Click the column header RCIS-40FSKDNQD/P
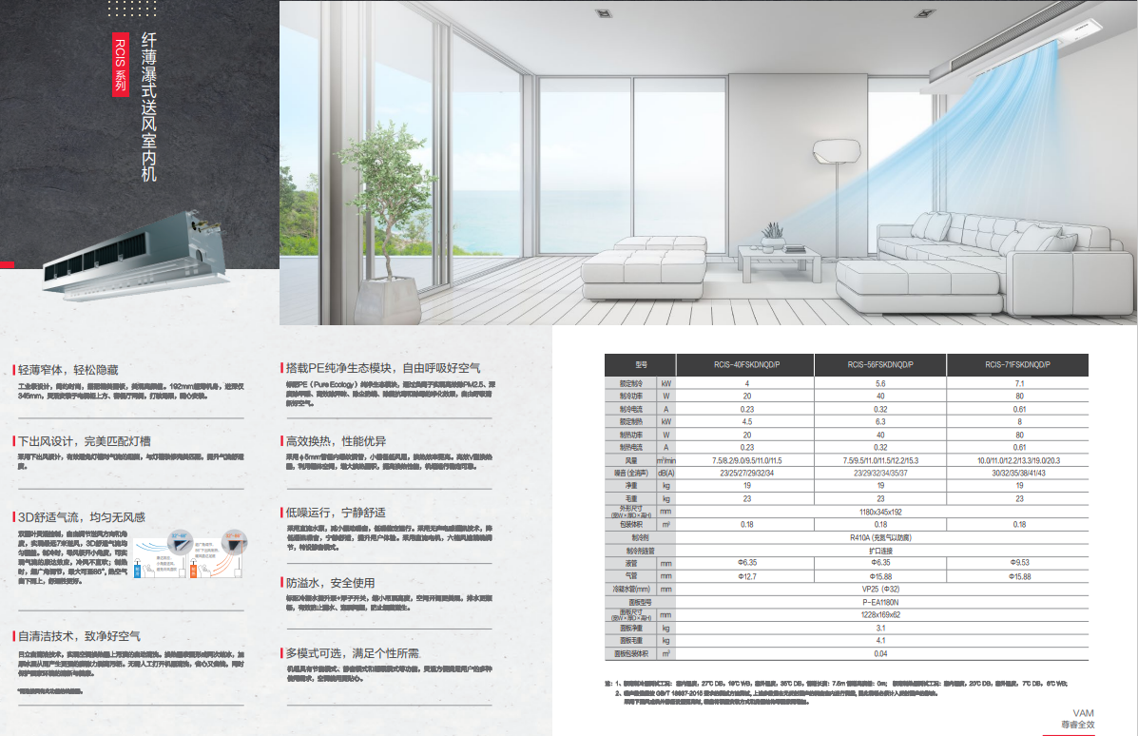pyautogui.click(x=744, y=364)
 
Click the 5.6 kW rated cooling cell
pyautogui.click(x=880, y=382)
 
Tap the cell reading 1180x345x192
pyautogui.click(x=880, y=512)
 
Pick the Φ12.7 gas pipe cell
pyautogui.click(x=744, y=576)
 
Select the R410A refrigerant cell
pyautogui.click(x=880, y=537)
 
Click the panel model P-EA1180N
pyautogui.click(x=880, y=602)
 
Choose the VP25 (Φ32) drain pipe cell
pyautogui.click(x=880, y=590)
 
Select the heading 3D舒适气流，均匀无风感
pyautogui.click(x=81, y=517)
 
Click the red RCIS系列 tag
pyautogui.click(x=119, y=64)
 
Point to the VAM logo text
pyautogui.click(x=1083, y=712)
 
